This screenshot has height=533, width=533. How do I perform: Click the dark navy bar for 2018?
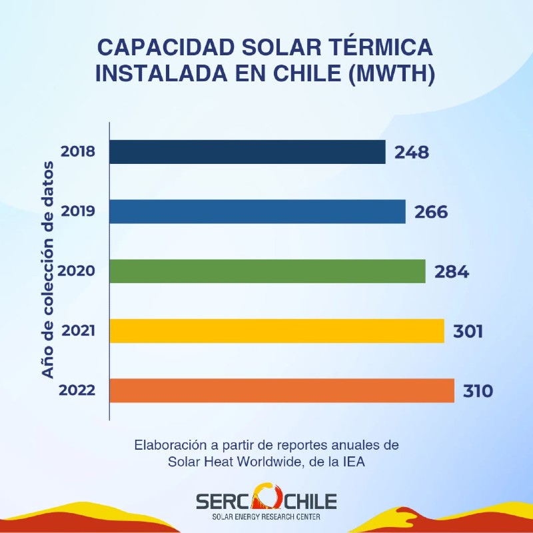pyautogui.click(x=247, y=152)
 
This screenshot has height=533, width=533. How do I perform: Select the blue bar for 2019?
pyautogui.click(x=257, y=212)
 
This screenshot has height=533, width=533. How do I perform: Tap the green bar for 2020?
pyautogui.click(x=267, y=271)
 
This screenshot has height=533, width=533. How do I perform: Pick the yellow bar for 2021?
pyautogui.click(x=276, y=330)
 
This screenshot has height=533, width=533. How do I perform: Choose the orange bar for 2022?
pyautogui.click(x=282, y=390)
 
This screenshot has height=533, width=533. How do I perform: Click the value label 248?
pyautogui.click(x=411, y=153)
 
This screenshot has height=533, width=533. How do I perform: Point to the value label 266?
pyautogui.click(x=431, y=212)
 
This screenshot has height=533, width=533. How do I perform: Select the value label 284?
pyautogui.click(x=452, y=272)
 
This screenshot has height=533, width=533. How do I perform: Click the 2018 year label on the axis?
pyautogui.click(x=78, y=151)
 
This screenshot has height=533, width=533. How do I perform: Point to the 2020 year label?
pyautogui.click(x=76, y=271)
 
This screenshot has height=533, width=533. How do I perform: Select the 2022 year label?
pyautogui.click(x=77, y=390)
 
